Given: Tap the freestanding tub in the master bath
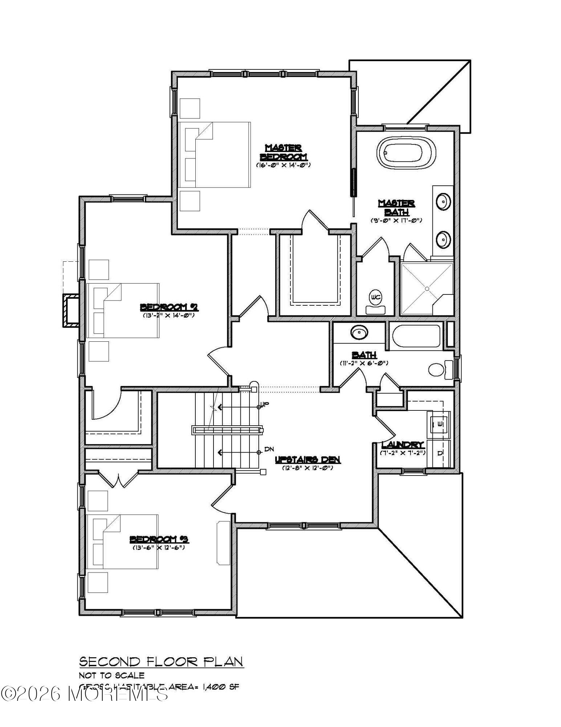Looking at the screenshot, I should (x=406, y=153).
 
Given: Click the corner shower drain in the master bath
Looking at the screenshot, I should (x=427, y=289).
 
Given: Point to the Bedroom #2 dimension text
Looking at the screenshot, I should (x=169, y=315).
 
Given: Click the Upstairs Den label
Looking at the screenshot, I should (x=308, y=460).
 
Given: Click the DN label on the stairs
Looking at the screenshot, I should (x=269, y=449).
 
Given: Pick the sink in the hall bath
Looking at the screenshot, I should (x=359, y=332).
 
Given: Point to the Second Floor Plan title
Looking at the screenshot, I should (x=161, y=662).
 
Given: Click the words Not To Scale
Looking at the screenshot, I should (x=112, y=675).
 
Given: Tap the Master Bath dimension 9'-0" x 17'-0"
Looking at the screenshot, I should (x=396, y=220).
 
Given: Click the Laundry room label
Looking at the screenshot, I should (x=403, y=445).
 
